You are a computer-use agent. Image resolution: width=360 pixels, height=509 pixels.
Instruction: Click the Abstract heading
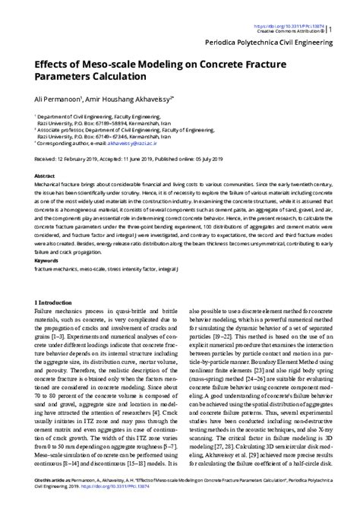tap(44, 175)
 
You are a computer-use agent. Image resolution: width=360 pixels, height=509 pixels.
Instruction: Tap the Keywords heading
tap(46, 260)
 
